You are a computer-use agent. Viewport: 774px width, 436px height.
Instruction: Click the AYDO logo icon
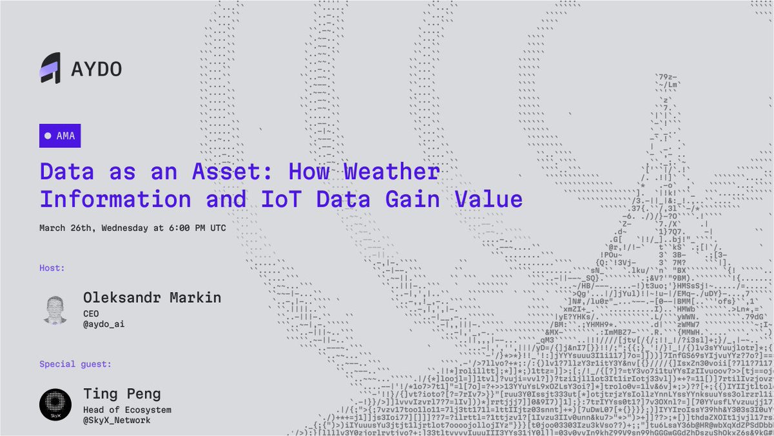pos(50,68)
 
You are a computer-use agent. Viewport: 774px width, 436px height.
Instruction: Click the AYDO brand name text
pos(96,69)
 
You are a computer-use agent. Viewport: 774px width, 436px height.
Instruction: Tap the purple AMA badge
pos(60,136)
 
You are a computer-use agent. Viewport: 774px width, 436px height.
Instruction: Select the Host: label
pos(52,267)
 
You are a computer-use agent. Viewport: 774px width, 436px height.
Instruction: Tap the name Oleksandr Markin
pos(152,298)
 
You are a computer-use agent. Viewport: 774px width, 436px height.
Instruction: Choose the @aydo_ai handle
pos(104,324)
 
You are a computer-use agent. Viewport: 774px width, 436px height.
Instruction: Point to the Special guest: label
pos(75,364)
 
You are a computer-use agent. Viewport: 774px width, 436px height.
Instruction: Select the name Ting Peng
pos(122,393)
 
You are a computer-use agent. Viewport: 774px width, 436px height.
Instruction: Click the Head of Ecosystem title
pos(128,409)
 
